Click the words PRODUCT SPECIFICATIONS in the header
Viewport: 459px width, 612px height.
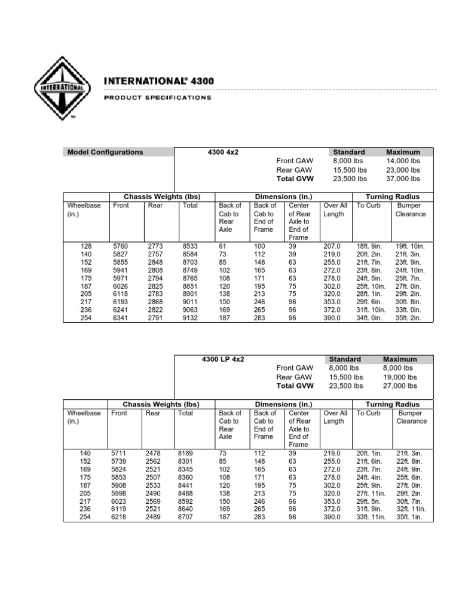click(x=158, y=97)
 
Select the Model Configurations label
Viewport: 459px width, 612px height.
click(x=105, y=152)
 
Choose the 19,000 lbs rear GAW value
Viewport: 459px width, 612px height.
click(x=401, y=377)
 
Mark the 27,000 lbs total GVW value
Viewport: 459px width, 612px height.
click(x=401, y=385)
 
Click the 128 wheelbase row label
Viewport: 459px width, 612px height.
click(x=87, y=246)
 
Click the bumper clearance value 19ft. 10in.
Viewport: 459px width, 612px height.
click(x=409, y=246)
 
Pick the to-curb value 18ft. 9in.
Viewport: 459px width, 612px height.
click(x=369, y=246)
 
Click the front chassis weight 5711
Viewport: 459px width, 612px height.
click(x=120, y=454)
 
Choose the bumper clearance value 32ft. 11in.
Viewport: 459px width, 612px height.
click(x=410, y=509)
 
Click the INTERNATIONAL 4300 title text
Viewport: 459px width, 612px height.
click(x=159, y=81)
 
